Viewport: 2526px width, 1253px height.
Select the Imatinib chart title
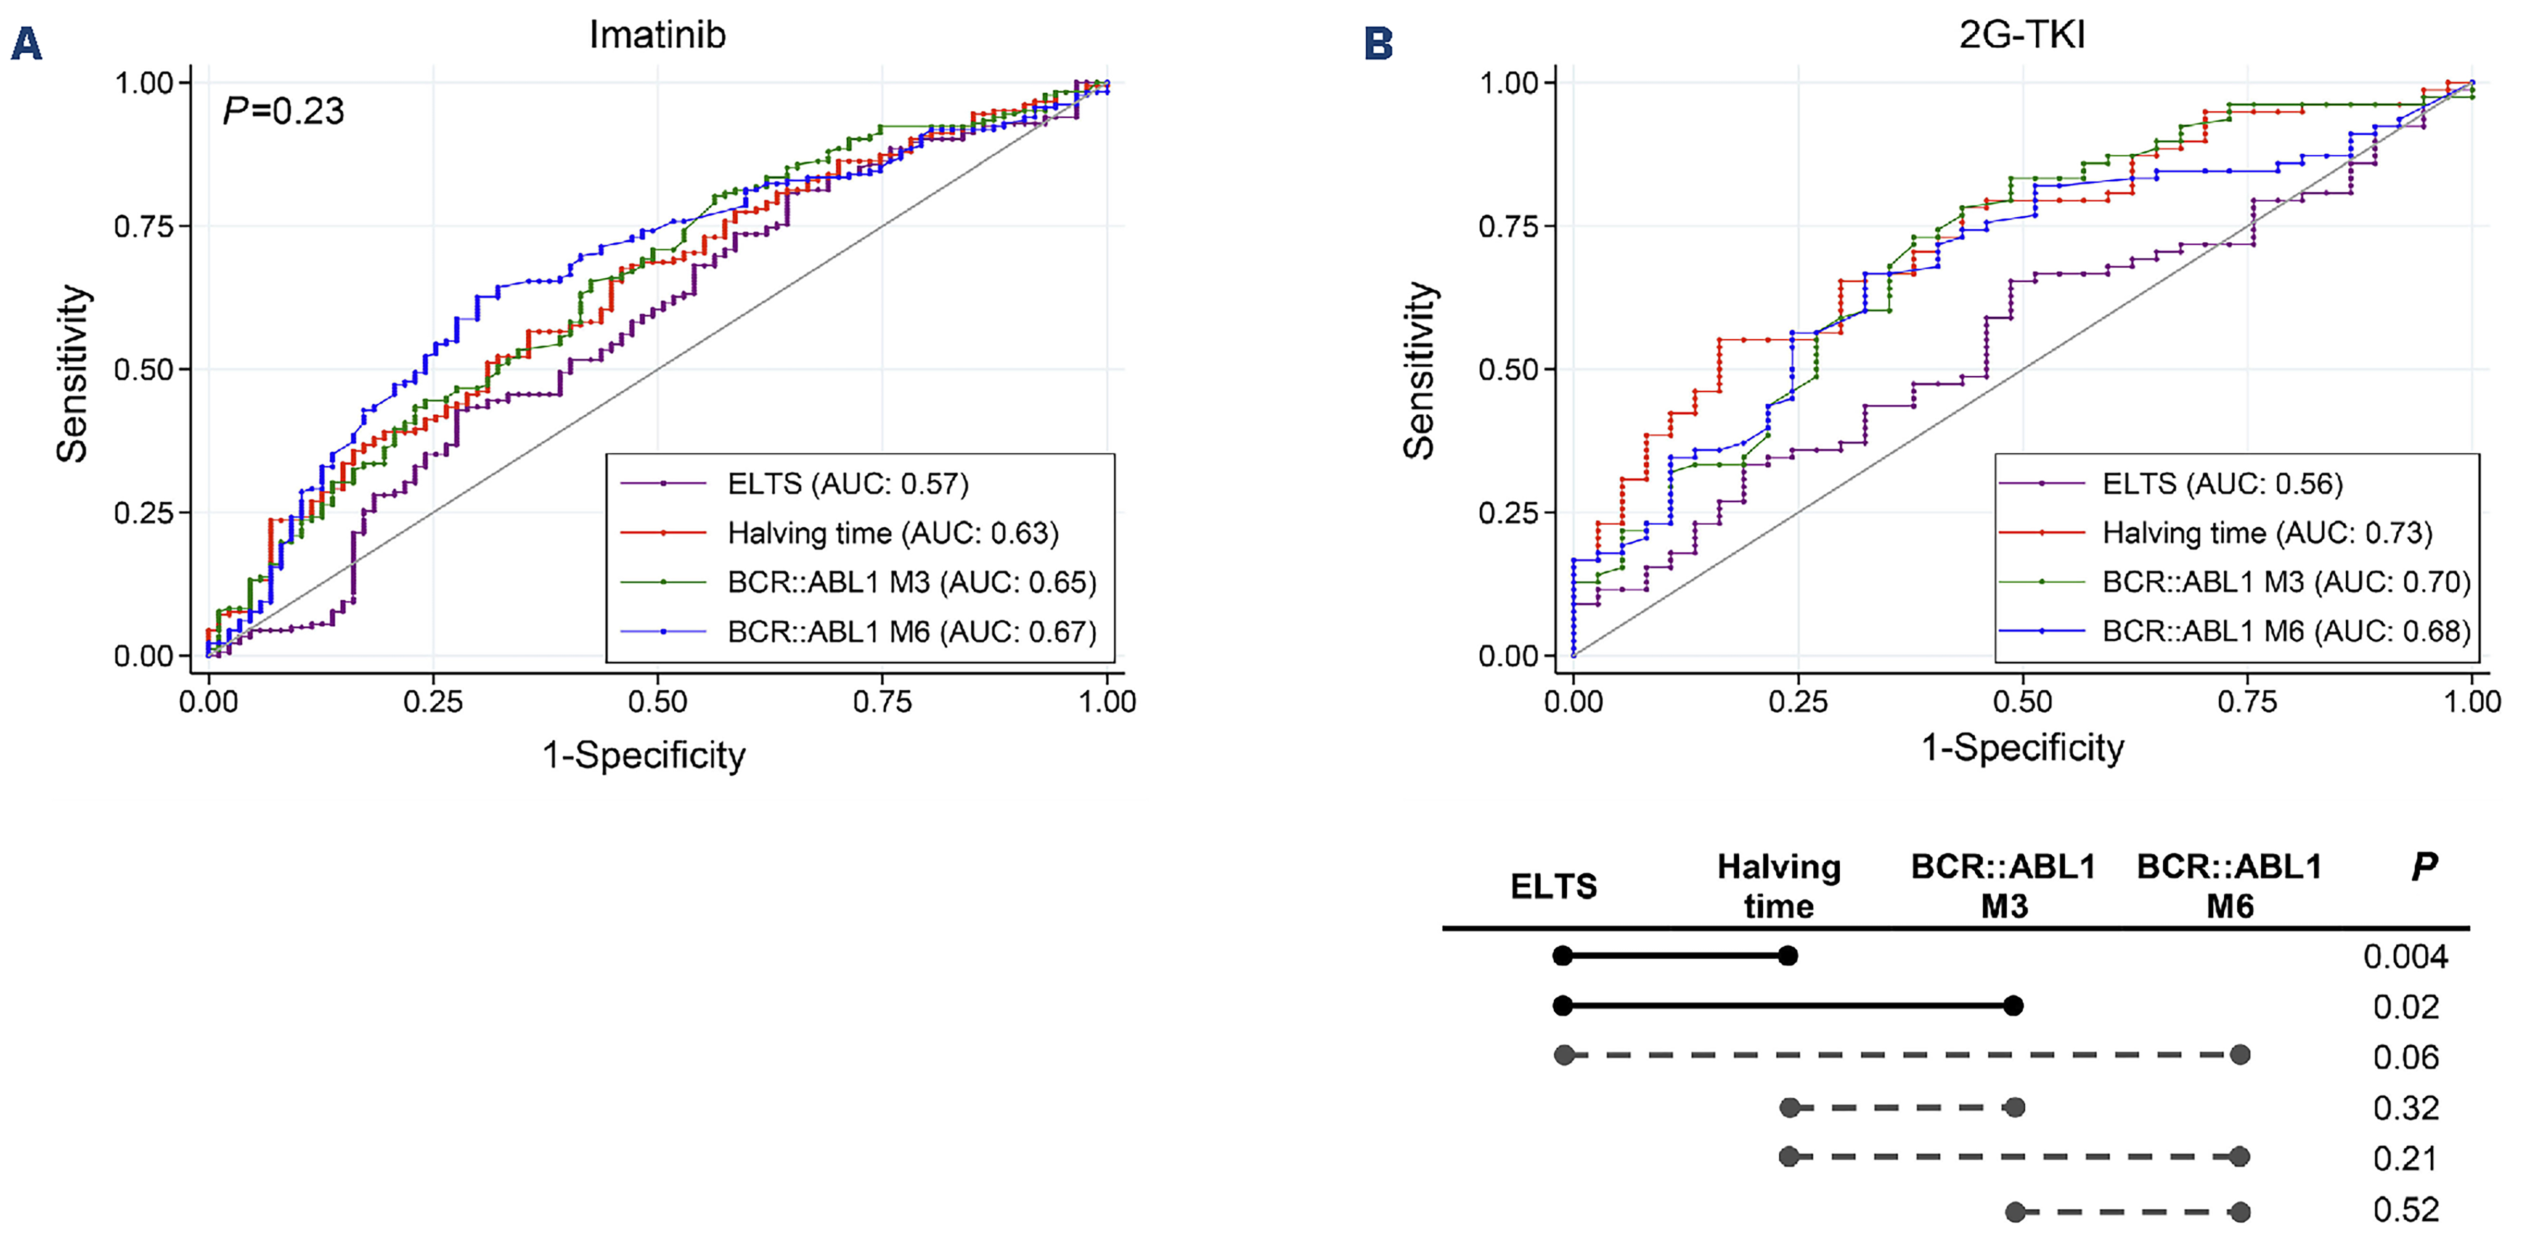click(x=657, y=35)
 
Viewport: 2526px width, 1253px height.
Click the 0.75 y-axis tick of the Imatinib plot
click(x=144, y=227)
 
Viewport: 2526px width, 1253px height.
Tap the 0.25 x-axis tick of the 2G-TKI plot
click(x=1798, y=701)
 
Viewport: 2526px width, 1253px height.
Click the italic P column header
click(x=2423, y=867)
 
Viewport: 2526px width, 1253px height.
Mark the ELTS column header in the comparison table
click(x=1553, y=886)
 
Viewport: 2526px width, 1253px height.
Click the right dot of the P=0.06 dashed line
click(x=2239, y=1055)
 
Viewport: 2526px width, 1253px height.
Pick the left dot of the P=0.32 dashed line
click(x=1790, y=1108)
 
